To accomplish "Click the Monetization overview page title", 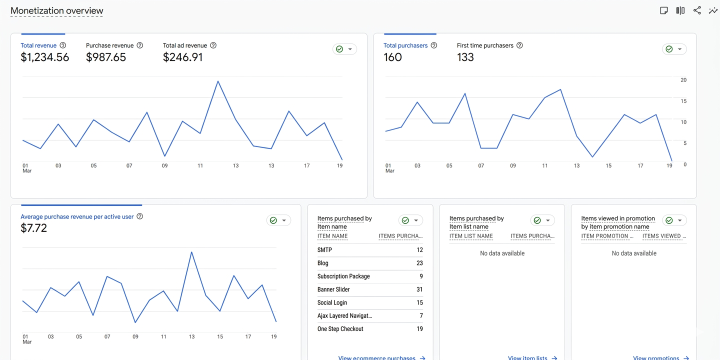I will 57,10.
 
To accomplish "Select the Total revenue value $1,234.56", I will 45,57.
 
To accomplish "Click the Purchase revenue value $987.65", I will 106,57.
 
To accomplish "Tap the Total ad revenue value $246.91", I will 183,57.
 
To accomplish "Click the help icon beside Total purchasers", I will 434,45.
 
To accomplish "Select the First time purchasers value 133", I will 465,57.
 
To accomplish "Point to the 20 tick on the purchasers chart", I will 683,80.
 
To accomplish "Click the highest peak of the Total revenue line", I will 218,81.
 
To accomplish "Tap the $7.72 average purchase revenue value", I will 34,228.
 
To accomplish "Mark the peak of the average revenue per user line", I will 191,252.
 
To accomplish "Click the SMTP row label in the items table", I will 324,250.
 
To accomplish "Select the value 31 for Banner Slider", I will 419,289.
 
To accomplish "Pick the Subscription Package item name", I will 343,276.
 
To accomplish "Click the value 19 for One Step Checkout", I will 419,329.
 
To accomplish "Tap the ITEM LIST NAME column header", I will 471,236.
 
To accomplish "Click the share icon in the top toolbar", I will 697,10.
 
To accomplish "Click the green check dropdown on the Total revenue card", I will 344,49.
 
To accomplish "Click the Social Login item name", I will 332,302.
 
